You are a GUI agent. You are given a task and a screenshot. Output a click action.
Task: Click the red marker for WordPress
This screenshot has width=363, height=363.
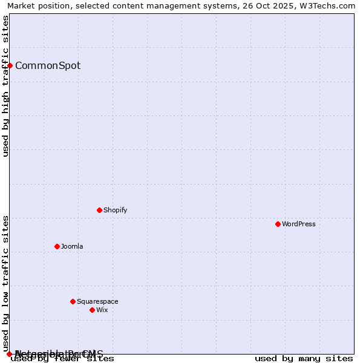278,224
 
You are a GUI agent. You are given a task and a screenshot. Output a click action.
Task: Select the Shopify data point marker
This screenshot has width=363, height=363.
99,210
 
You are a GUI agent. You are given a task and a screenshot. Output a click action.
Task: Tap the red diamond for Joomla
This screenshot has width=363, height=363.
57,246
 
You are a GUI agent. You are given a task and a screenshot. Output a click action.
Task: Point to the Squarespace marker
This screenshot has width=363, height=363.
73,301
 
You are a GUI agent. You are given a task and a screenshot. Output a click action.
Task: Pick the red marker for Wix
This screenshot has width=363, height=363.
92,310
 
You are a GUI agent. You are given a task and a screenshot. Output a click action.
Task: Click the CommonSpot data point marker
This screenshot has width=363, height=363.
10,65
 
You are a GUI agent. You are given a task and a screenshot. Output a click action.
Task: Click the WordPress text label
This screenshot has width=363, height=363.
299,224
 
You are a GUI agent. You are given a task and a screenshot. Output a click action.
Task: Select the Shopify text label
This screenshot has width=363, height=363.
115,210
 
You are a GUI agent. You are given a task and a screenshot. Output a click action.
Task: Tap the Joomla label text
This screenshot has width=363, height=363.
72,246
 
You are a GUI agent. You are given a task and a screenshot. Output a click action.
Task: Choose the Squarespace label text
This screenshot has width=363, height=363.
97,301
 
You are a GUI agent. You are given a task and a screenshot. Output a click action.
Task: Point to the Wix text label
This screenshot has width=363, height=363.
102,310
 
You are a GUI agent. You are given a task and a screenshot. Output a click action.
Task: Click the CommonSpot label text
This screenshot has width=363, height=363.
48,65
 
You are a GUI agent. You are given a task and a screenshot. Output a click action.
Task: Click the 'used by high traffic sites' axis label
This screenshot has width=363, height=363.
5,86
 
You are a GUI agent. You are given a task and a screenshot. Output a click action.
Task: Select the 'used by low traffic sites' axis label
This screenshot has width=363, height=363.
5,284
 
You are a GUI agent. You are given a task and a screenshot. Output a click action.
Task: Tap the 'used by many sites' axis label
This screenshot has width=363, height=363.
304,359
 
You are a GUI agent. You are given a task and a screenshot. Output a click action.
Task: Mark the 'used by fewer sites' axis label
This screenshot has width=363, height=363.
63,359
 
